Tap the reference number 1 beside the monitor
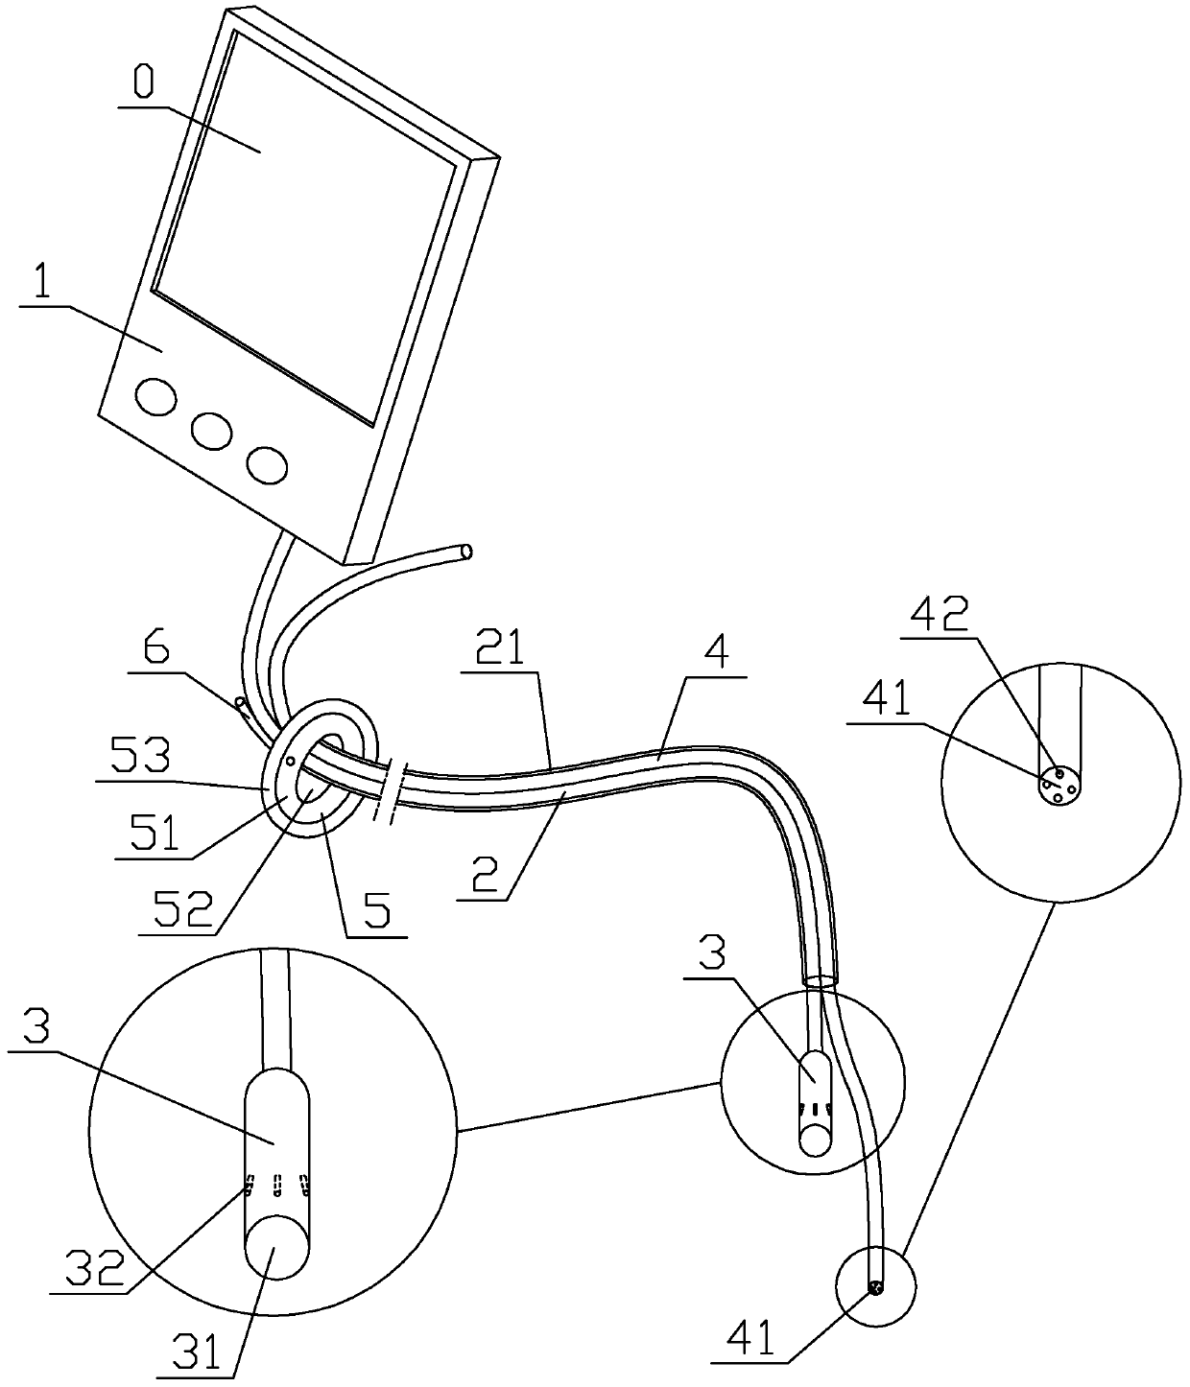point(41,285)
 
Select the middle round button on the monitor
point(211,432)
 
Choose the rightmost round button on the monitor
point(267,464)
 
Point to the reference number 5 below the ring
point(376,907)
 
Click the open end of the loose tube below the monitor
point(465,552)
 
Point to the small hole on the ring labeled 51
point(289,761)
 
